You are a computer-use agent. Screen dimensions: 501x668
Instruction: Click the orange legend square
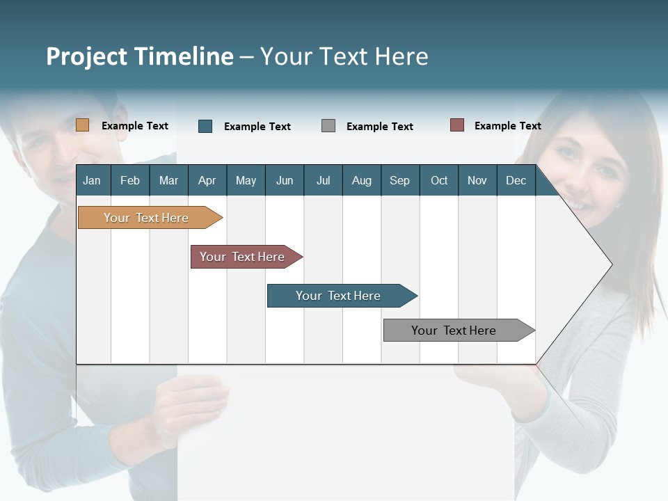82,125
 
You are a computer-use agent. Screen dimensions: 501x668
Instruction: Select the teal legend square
205,126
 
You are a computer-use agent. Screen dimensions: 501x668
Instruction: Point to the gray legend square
328,126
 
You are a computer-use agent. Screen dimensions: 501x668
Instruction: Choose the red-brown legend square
456,125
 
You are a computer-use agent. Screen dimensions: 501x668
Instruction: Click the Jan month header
92,180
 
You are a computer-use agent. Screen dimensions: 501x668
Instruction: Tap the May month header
246,180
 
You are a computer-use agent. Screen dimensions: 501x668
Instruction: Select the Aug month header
361,180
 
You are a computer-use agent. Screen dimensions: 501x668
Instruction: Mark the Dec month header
516,180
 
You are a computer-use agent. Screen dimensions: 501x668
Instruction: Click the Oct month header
439,180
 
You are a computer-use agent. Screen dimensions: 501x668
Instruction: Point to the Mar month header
168,180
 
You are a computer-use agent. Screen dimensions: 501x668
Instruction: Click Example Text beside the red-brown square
507,126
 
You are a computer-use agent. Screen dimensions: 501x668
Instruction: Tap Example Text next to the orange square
135,126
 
